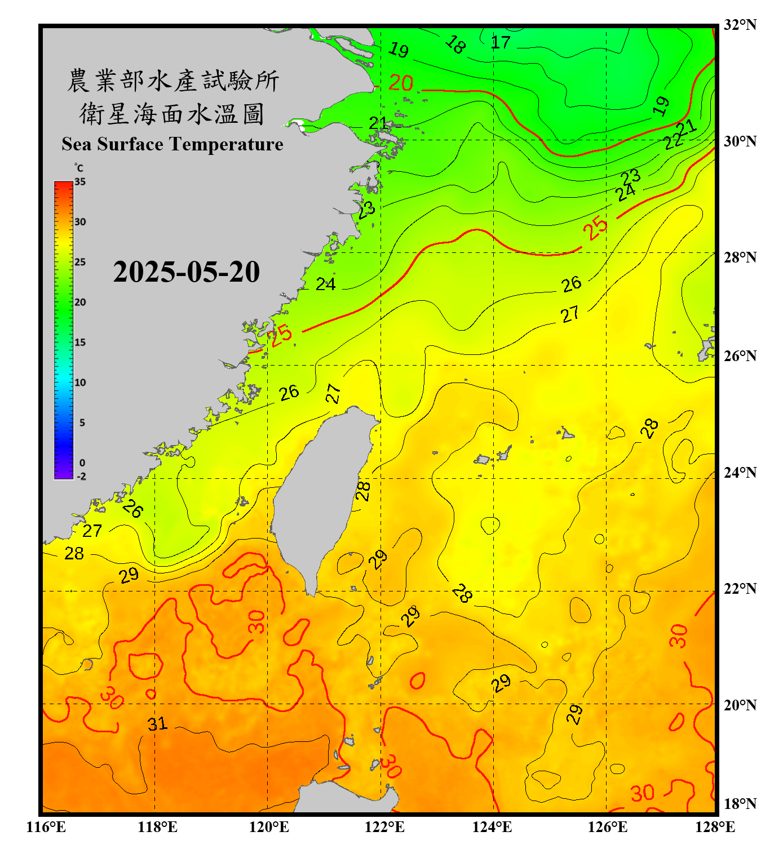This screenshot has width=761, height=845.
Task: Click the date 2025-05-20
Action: [x=186, y=272]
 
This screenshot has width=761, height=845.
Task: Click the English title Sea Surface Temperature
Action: [x=172, y=144]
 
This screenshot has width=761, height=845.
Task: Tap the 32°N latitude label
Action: [x=740, y=25]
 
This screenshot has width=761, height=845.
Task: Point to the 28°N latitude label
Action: [x=740, y=257]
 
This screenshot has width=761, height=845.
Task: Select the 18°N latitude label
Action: [x=740, y=804]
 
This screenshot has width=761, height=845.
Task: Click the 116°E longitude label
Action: [x=46, y=827]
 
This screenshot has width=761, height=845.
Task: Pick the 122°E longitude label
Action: [x=384, y=827]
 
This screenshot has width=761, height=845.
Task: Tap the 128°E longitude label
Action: [x=715, y=827]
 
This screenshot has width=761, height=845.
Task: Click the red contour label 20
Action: [x=401, y=83]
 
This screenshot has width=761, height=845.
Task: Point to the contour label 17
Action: [x=501, y=42]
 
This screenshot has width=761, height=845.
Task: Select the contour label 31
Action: [x=158, y=724]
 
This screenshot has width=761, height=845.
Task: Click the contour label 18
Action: [x=455, y=45]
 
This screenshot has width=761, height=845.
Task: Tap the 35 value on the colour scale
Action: [x=80, y=182]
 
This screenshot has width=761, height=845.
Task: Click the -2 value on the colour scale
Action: [x=81, y=477]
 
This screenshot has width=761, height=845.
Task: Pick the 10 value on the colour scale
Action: [x=81, y=383]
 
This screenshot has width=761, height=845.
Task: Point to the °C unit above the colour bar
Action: [x=79, y=168]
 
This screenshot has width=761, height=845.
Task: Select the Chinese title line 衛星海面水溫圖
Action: [x=172, y=114]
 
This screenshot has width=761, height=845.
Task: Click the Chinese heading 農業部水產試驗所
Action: [x=173, y=81]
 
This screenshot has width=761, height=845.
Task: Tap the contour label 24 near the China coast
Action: [x=325, y=284]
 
